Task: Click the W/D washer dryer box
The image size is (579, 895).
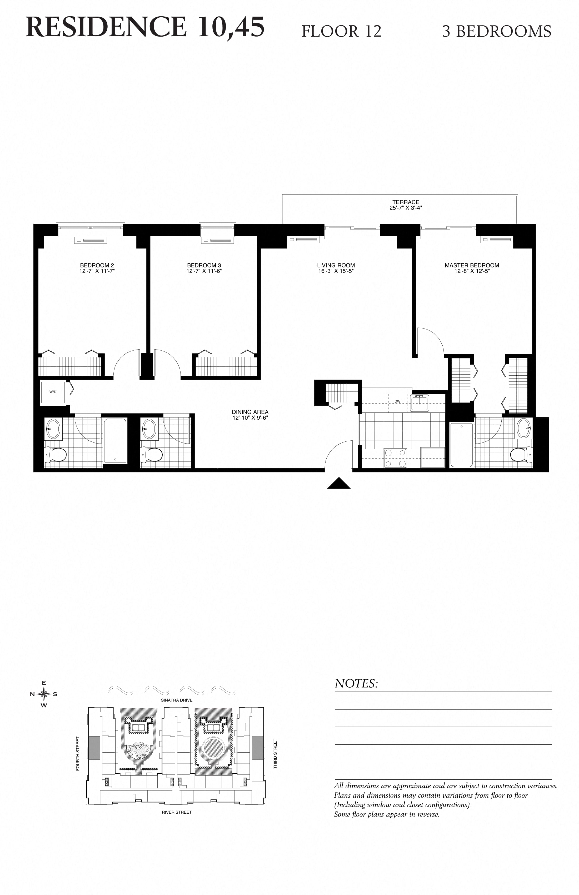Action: click(x=53, y=392)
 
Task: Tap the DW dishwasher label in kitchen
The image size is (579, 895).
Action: click(x=397, y=401)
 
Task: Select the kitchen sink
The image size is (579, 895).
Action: click(x=419, y=403)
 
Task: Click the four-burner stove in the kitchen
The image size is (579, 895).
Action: click(x=395, y=458)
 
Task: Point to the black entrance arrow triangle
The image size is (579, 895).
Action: click(x=339, y=484)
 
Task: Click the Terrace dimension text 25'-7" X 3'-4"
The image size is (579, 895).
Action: click(x=406, y=208)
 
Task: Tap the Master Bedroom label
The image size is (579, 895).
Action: click(x=472, y=265)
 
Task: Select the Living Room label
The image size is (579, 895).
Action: click(x=336, y=265)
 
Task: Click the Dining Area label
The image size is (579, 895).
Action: click(x=250, y=412)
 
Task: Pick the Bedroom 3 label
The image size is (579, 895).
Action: click(x=204, y=265)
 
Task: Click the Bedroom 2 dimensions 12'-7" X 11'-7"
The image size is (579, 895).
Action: click(x=97, y=271)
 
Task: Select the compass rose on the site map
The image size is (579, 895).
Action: click(x=44, y=694)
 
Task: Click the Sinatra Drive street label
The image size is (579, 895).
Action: click(x=176, y=700)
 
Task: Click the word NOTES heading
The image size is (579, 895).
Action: click(x=356, y=683)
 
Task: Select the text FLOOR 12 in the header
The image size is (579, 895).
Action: click(x=341, y=31)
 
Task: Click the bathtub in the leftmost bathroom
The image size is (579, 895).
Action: click(x=115, y=440)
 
